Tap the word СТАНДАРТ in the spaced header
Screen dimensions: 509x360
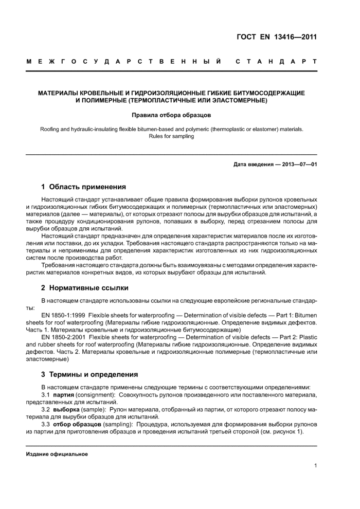[x=276, y=62]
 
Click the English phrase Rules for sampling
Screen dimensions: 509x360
[x=171, y=137]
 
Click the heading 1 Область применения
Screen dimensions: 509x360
[x=83, y=187]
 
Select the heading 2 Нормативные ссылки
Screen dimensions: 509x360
[x=85, y=287]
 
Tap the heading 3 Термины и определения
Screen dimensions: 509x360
[x=89, y=374]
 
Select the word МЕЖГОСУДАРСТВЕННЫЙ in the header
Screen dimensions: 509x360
[x=124, y=62]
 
